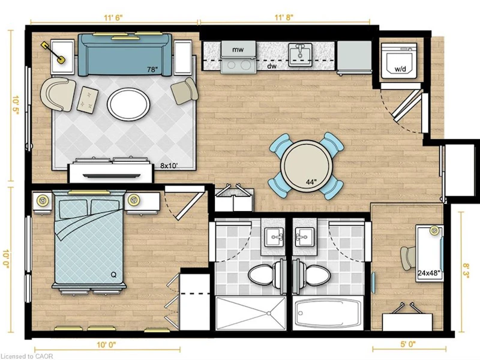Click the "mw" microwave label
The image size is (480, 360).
point(238,49)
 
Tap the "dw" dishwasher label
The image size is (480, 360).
point(270,66)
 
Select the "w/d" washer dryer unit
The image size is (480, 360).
point(400,59)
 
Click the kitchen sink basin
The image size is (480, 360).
point(300,55)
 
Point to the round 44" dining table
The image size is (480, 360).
point(307,166)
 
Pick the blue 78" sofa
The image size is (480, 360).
point(125,55)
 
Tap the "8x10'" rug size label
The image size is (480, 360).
point(169,166)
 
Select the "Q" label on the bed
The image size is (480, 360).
point(113,275)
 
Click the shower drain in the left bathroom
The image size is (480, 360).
point(268,313)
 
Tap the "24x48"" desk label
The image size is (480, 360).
point(430,273)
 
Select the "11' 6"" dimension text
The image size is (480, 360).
point(113,17)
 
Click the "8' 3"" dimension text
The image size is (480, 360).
point(466,272)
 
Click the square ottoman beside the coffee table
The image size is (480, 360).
point(88,100)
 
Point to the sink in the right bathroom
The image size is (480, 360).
point(305,237)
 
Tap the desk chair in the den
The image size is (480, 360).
point(408,258)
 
